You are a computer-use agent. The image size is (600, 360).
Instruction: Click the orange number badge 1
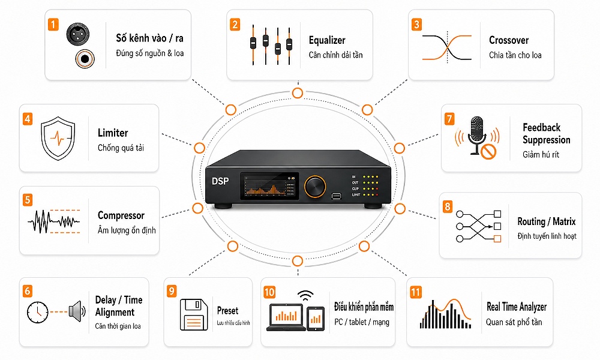point(53,25)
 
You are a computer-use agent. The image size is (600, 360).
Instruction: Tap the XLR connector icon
point(78,34)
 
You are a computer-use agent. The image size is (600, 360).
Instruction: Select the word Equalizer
point(327,40)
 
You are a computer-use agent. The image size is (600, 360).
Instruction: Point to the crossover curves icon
point(446,47)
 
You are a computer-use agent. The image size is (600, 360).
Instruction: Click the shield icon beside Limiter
point(58,138)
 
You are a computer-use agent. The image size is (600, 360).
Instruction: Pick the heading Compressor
point(121,215)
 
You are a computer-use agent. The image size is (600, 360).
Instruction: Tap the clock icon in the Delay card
point(37,312)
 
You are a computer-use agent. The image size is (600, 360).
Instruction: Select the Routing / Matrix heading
point(547,221)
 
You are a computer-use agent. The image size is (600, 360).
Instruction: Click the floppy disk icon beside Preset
point(194,314)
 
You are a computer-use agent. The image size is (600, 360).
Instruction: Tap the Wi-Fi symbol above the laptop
point(305,296)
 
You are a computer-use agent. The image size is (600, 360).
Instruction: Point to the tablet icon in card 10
point(316,319)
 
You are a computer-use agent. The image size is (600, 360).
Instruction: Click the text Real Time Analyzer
point(517,307)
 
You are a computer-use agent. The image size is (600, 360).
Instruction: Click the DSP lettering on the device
point(220,181)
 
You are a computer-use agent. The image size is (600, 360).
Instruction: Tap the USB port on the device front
point(336,196)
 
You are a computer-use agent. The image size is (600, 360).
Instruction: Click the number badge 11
point(416,292)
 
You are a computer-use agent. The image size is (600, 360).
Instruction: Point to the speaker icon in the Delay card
point(77,311)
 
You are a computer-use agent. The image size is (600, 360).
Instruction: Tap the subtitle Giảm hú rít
point(541,155)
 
